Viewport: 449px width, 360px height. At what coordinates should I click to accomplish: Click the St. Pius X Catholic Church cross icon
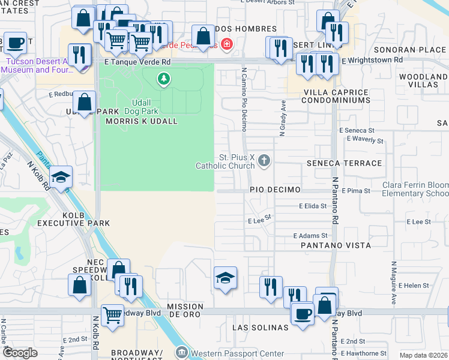(265, 160)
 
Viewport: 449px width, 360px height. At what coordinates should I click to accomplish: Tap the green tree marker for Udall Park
(163, 79)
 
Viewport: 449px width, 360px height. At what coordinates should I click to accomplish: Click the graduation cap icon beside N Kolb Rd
(61, 177)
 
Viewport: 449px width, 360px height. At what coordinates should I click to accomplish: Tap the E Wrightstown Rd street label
(372, 60)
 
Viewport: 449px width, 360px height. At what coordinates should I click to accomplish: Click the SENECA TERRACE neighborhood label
(344, 163)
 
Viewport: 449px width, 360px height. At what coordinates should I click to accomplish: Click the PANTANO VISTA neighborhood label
(336, 245)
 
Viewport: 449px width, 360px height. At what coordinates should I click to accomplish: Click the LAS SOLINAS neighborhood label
(261, 328)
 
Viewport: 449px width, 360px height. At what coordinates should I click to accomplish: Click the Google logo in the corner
(20, 353)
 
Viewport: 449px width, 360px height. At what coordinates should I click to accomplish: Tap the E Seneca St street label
(356, 130)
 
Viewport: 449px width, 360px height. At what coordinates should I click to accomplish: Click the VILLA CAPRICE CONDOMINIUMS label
(336, 96)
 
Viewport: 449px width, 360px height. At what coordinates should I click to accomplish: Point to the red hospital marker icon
(226, 43)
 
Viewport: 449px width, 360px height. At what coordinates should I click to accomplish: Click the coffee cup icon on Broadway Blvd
(302, 313)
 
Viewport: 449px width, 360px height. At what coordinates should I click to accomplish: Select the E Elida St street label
(313, 206)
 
